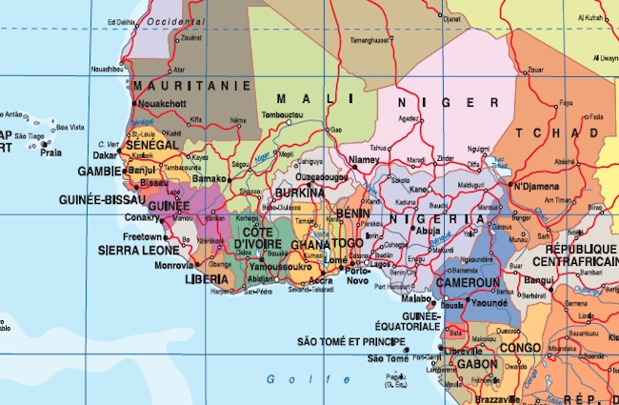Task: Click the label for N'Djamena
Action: tap(540, 186)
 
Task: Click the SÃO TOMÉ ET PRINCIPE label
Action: tap(351, 341)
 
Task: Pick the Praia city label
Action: tap(51, 152)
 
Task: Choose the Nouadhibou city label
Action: tap(106, 70)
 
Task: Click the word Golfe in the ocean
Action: tap(283, 379)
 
